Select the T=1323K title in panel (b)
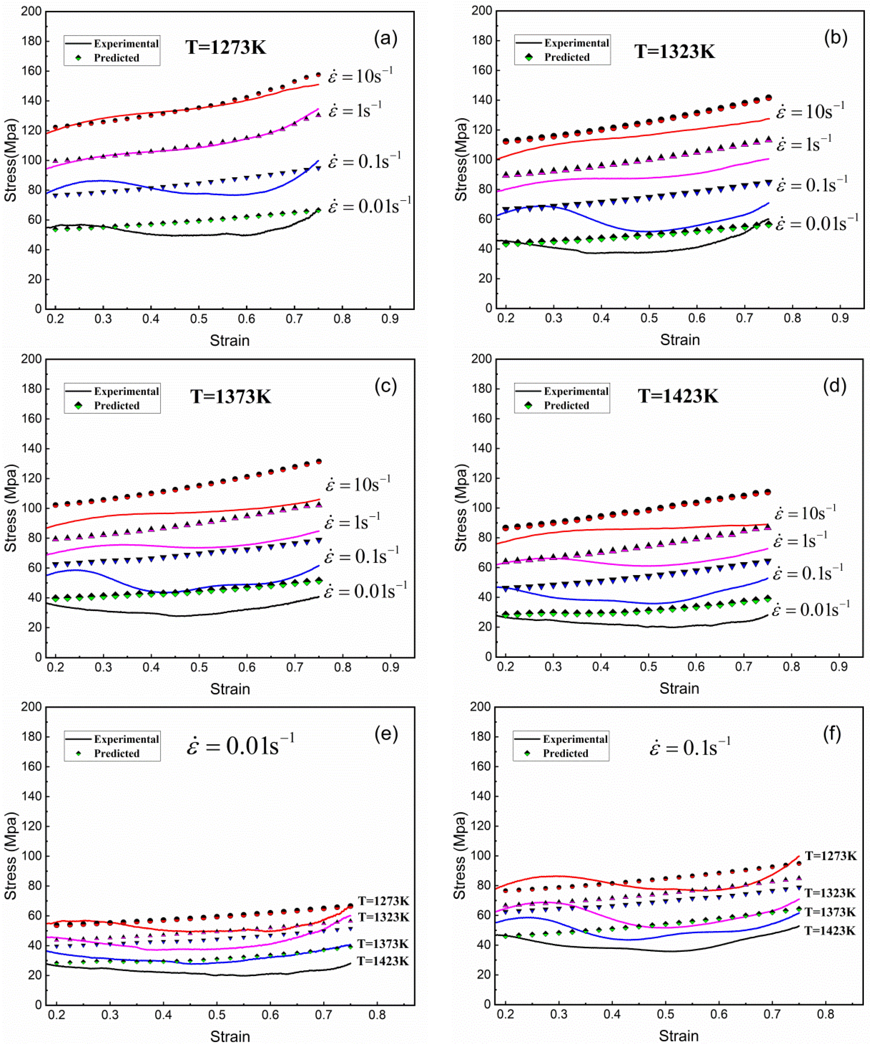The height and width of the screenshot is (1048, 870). (x=675, y=51)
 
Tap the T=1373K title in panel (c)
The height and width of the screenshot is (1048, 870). (x=231, y=397)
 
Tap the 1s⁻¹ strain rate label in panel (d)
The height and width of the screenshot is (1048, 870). (x=800, y=541)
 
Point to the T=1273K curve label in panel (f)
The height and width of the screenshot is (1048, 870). (x=831, y=856)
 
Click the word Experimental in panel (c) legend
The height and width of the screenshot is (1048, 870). (x=126, y=391)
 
